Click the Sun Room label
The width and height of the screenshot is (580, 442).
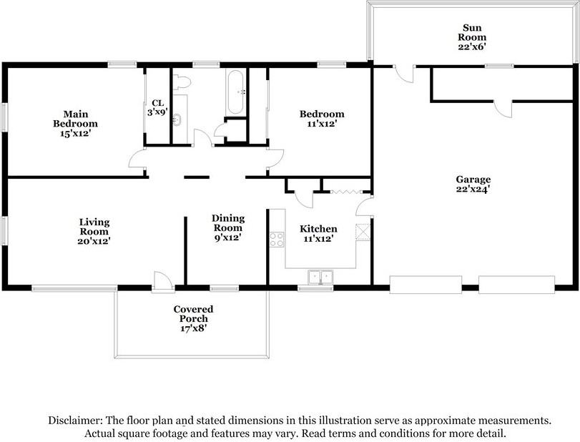(472, 33)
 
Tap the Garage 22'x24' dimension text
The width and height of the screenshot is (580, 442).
(473, 190)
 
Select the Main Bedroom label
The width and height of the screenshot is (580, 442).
(76, 119)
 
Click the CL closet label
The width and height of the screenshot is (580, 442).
(158, 103)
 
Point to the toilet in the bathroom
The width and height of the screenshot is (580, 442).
(182, 82)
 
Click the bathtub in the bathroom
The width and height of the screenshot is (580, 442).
(235, 92)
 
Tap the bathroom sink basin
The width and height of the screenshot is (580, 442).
(177, 119)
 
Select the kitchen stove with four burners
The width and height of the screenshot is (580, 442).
(277, 240)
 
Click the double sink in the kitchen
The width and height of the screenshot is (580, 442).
(320, 277)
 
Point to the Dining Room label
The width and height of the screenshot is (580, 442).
(228, 223)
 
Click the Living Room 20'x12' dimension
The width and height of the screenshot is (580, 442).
(94, 241)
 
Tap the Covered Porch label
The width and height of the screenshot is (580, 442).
(193, 314)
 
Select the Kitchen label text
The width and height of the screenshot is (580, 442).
(318, 229)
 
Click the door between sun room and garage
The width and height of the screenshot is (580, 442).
(404, 73)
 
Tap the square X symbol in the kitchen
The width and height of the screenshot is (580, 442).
(363, 232)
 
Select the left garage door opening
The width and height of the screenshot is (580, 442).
(426, 285)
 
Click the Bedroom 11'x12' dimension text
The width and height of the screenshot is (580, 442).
(322, 124)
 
